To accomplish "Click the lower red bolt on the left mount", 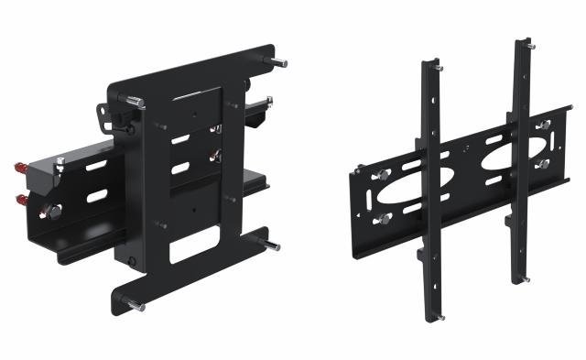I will (x=20, y=199).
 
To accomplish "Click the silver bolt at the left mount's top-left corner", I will (x=134, y=102).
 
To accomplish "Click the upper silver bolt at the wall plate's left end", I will (x=381, y=174).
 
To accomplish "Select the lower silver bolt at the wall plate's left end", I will (x=383, y=218).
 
